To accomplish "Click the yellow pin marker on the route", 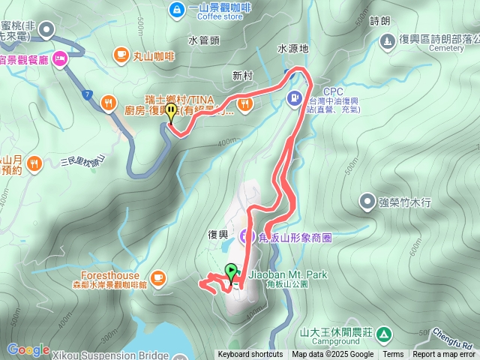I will point(171,112).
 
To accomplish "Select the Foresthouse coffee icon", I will point(157,279).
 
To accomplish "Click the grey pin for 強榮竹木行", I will point(367,201).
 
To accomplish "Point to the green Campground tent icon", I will point(384,332).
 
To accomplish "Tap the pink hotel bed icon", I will point(60,57).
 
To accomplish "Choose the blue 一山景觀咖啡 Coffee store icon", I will point(177,10).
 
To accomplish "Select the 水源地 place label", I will point(292,48).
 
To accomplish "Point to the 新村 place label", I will point(242,76).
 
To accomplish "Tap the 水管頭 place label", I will point(203,40).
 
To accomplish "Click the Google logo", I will point(28,349).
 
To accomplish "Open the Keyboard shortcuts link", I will point(250,355).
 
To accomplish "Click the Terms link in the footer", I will point(393,355).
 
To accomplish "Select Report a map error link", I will point(444,355).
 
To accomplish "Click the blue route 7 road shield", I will point(88,94).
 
